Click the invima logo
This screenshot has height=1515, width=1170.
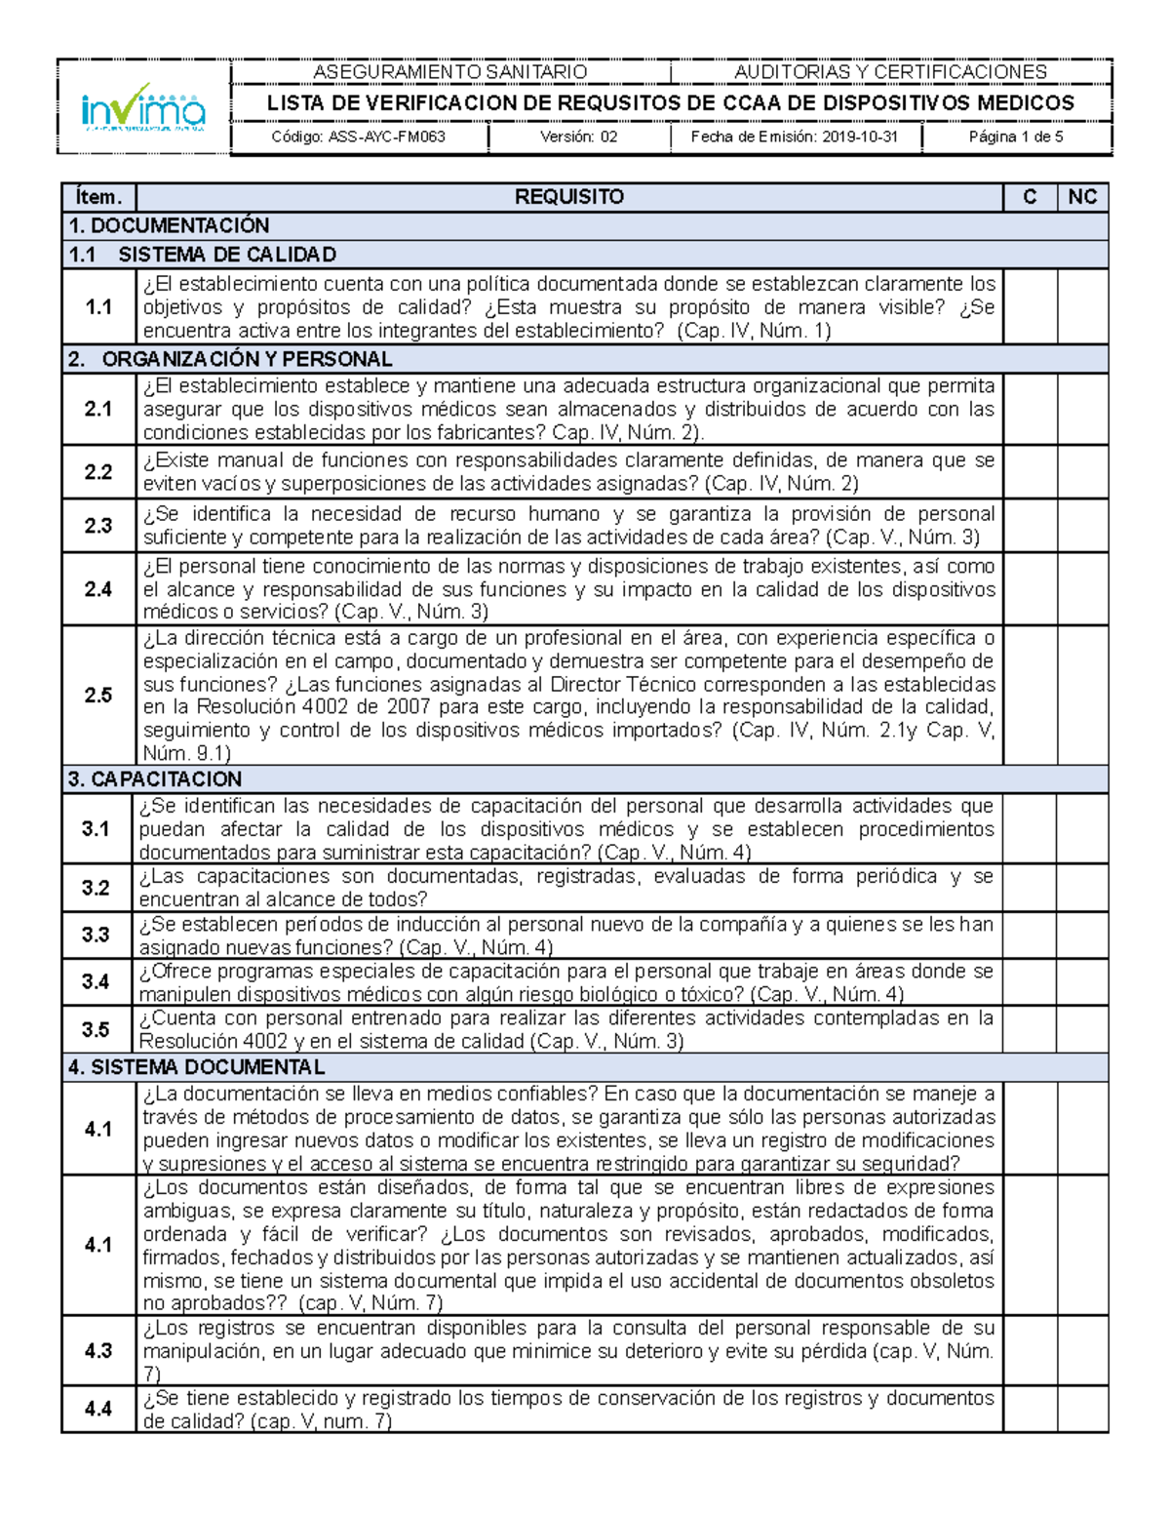143,107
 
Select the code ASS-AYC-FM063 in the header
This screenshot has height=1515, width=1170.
359,138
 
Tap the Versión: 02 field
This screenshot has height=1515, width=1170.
579,138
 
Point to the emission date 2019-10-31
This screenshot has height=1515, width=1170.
795,138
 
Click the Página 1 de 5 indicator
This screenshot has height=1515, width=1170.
1016,138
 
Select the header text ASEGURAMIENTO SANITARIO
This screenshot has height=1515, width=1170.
449,72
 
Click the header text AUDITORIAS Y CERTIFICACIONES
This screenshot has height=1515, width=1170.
890,72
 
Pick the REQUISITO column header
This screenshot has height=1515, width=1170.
569,197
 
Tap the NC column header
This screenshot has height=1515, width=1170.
1082,197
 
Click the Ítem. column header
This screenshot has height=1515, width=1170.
98,197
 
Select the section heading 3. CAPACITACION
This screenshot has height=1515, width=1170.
155,779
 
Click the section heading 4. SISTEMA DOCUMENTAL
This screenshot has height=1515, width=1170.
196,1067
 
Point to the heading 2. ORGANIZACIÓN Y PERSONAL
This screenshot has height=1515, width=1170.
230,359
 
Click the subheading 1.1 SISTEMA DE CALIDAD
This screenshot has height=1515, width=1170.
203,255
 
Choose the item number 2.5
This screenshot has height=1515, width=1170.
98,696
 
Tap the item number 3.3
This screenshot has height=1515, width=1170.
97,936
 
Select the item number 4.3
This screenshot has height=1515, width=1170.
98,1351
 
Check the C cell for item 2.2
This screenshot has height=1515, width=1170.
1031,472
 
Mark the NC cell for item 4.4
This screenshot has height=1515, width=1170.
1082,1410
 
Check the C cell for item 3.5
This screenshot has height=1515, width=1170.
1030,1030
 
